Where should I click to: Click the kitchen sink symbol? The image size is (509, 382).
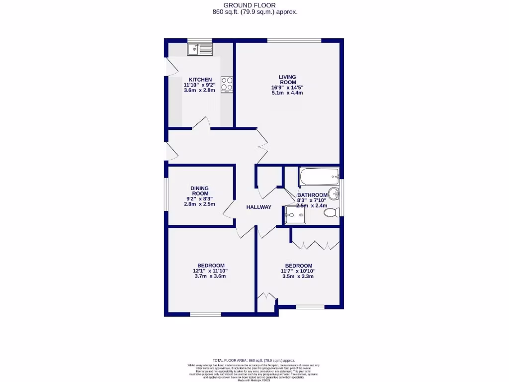pyautogui.click(x=199, y=49)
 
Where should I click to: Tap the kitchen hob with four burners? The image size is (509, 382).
pyautogui.click(x=227, y=85)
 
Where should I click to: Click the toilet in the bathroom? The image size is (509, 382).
pyautogui.click(x=331, y=213)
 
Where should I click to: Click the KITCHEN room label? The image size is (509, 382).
pyautogui.click(x=200, y=80)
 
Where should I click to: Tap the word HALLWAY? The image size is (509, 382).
pyautogui.click(x=259, y=207)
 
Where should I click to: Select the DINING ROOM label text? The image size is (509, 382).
pyautogui.click(x=200, y=191)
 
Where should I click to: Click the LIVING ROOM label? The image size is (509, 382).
pyautogui.click(x=287, y=80)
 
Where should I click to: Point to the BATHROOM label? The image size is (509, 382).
pyautogui.click(x=312, y=195)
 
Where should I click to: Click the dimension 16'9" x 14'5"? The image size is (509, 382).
pyautogui.click(x=287, y=88)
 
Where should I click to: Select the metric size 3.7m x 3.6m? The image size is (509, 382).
pyautogui.click(x=211, y=276)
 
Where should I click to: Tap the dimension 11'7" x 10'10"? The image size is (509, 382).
pyautogui.click(x=299, y=271)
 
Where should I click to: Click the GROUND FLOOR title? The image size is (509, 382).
pyautogui.click(x=254, y=5)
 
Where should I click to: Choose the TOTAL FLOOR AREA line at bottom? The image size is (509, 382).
pyautogui.click(x=254, y=360)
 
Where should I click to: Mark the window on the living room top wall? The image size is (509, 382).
pyautogui.click(x=294, y=40)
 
